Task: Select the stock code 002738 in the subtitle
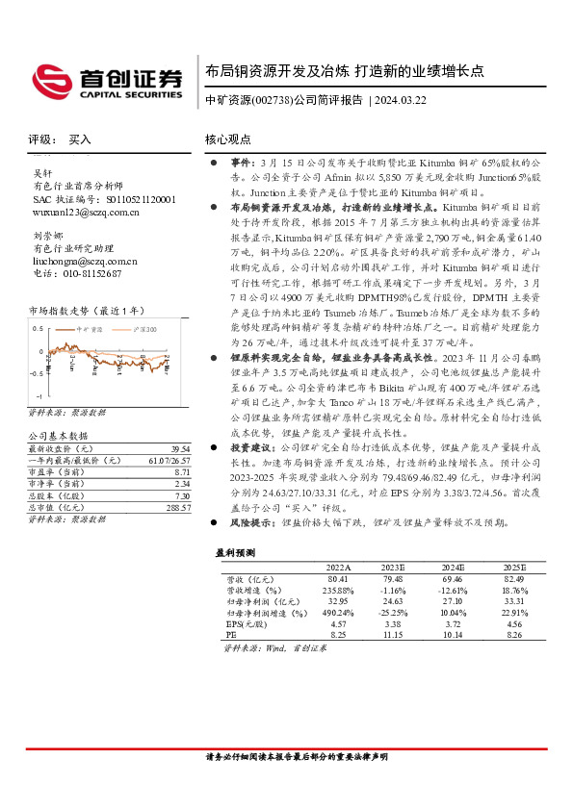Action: coord(268,100)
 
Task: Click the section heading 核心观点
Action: coord(229,139)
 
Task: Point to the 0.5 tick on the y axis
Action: coord(38,328)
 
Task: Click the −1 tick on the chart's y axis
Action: coord(39,395)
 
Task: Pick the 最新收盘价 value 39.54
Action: coord(180,449)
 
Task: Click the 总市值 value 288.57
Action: coord(178,507)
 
